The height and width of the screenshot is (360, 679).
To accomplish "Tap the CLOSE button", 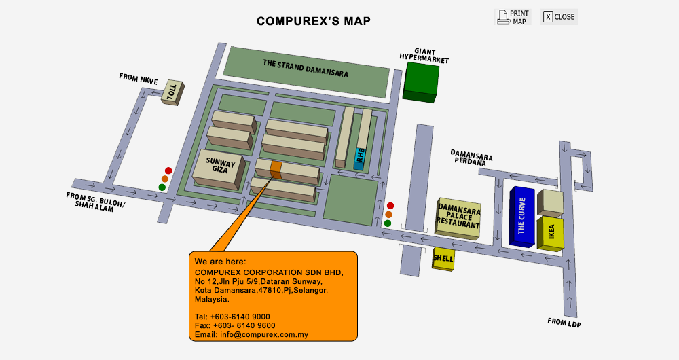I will click(x=559, y=17).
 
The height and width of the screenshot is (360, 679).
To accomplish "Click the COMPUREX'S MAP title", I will click(x=314, y=21).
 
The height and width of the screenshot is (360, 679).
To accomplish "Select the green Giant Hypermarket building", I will click(x=419, y=81).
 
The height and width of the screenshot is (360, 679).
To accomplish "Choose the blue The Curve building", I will click(x=521, y=217).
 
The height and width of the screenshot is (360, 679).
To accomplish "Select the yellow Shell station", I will click(x=443, y=259).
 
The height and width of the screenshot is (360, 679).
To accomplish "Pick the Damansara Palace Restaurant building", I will click(x=458, y=217).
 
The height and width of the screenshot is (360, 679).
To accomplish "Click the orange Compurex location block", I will click(x=276, y=169).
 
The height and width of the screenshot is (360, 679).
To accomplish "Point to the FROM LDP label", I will click(x=564, y=323).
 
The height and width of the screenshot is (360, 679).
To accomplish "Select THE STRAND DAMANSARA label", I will click(x=306, y=68).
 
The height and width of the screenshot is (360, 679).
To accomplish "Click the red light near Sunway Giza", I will click(x=168, y=170).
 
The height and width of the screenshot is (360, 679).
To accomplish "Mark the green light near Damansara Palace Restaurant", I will click(x=388, y=223).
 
